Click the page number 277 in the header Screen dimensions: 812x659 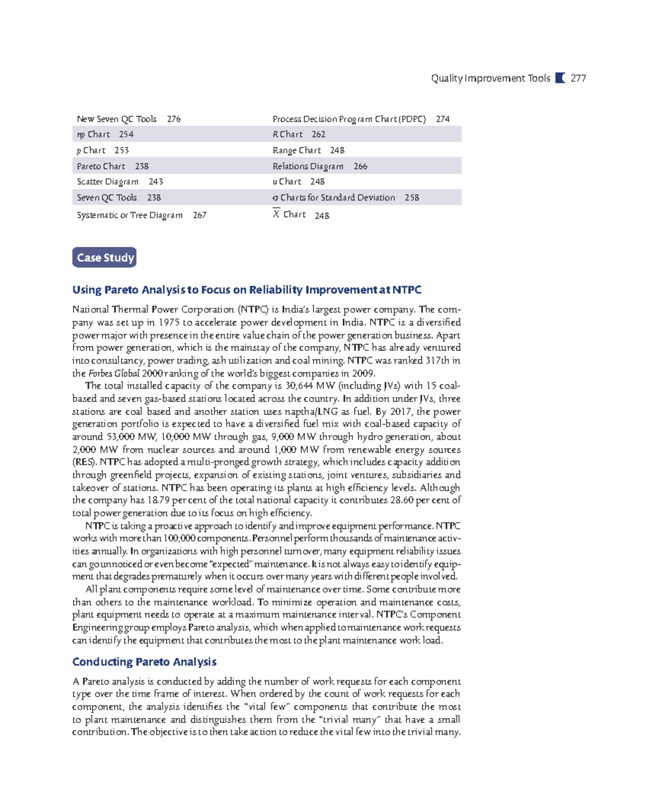[578, 78]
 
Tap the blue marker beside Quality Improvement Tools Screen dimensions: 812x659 [560, 78]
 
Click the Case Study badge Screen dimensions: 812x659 [104, 257]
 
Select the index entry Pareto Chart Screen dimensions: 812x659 [101, 166]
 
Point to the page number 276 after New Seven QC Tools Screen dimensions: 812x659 [174, 119]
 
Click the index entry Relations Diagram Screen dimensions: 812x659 [308, 166]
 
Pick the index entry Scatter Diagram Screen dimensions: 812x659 [108, 181]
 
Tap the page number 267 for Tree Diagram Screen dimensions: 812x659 [199, 215]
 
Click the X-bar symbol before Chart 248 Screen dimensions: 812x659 [276, 214]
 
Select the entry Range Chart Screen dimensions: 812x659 [297, 150]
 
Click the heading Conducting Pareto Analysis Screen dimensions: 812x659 [144, 661]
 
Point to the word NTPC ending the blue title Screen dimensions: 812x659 [407, 290]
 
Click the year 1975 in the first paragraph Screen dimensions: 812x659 [169, 322]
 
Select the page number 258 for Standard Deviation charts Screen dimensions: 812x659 [411, 197]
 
